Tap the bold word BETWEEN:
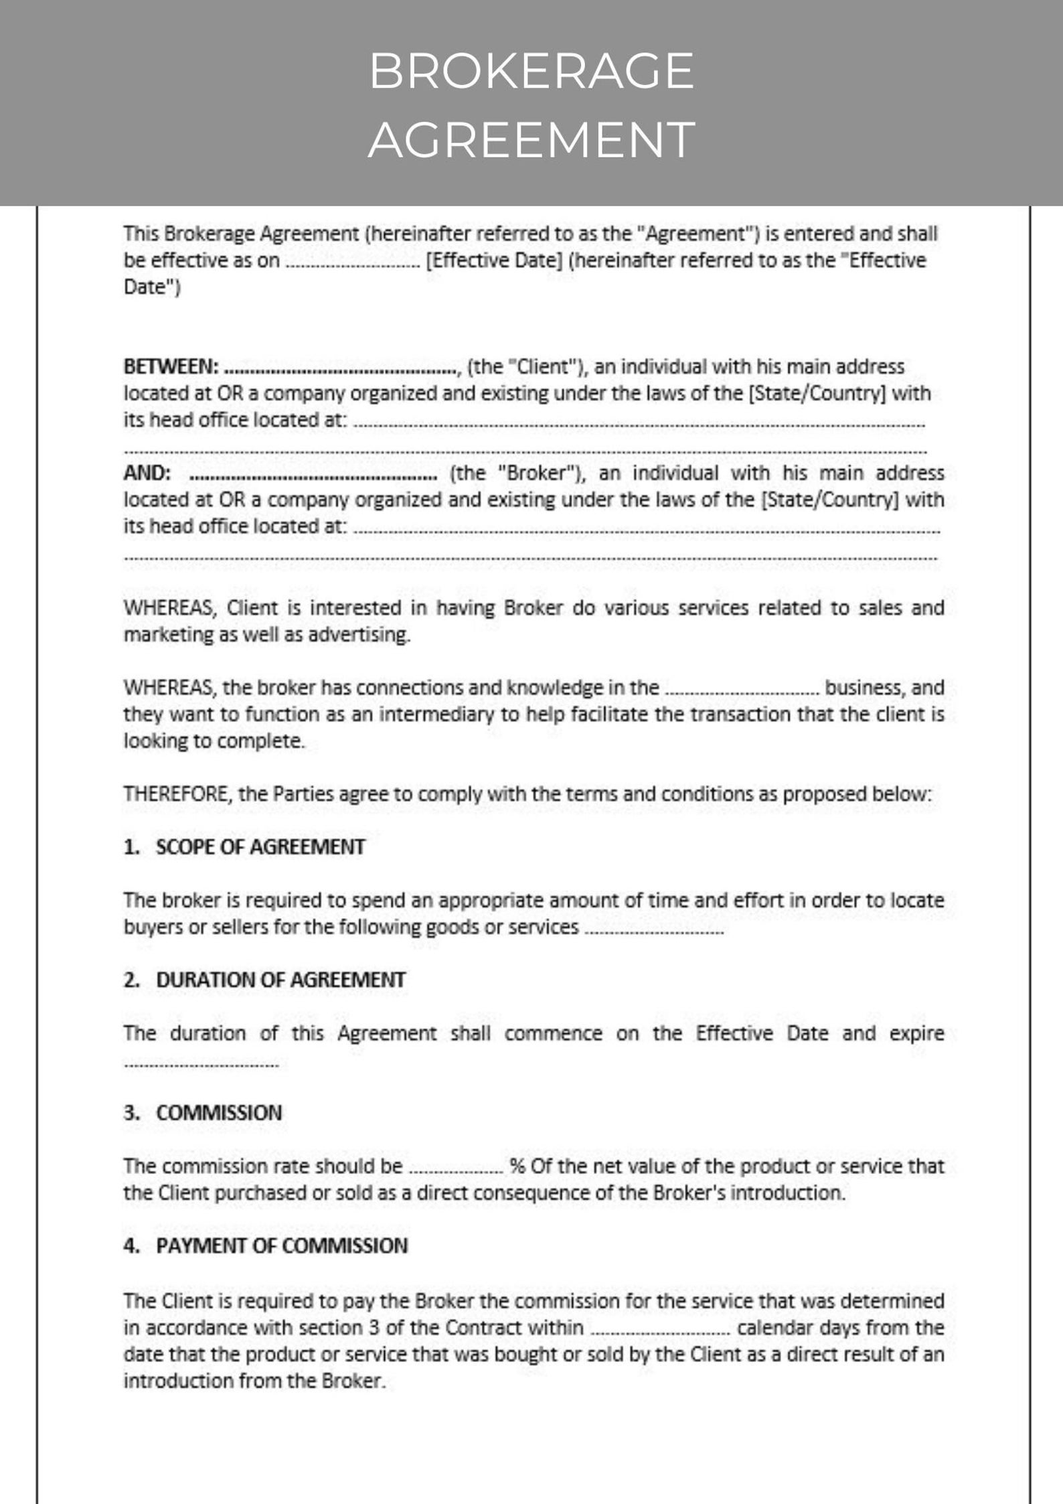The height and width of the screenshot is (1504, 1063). (171, 367)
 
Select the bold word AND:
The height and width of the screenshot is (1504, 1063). (147, 473)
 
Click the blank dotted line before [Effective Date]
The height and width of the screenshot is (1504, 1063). (352, 262)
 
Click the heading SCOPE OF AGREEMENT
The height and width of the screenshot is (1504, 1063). (260, 847)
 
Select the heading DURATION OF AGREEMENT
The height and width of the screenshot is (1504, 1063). (280, 980)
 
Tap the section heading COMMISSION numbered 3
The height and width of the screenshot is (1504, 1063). (219, 1113)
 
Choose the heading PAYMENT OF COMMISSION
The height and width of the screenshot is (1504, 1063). (282, 1246)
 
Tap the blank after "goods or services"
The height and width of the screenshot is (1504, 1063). (654, 929)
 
